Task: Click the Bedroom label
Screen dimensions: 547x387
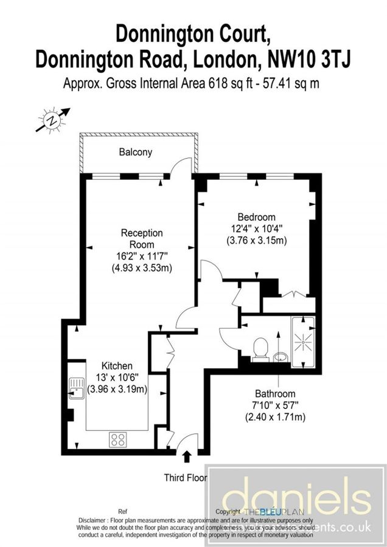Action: (x=256, y=217)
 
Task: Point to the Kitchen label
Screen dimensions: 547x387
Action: (x=117, y=366)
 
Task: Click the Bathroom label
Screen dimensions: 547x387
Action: (x=275, y=394)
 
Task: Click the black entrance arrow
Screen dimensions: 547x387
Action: (x=186, y=456)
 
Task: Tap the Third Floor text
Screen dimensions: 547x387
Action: (x=186, y=478)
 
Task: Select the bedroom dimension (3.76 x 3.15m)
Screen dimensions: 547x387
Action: (x=256, y=240)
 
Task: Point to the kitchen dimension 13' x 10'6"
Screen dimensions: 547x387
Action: (x=117, y=377)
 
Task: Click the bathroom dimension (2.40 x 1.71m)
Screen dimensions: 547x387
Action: (x=275, y=417)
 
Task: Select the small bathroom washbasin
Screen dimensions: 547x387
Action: (x=281, y=355)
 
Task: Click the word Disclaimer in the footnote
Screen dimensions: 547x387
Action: (x=96, y=521)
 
